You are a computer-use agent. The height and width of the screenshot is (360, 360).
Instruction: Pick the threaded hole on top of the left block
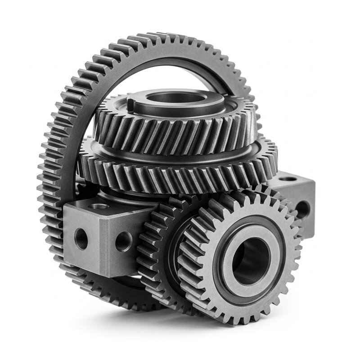[100, 206]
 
